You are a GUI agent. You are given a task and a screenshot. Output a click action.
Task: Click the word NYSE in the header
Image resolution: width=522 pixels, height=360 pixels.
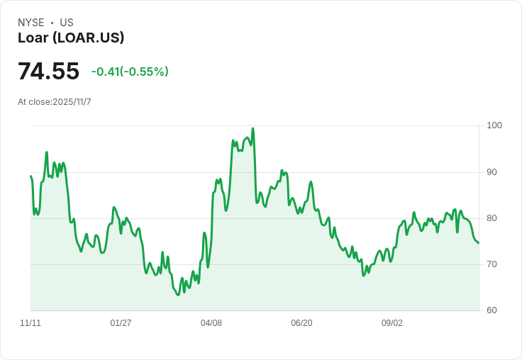pos(30,23)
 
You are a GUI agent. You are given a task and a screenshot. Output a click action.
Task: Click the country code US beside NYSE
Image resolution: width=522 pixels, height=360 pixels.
pos(67,23)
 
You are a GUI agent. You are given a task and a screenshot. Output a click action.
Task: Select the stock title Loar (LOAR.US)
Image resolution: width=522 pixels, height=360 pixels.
pos(71,38)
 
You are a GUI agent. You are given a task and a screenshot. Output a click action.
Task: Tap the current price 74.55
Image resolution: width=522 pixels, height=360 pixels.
pos(48,72)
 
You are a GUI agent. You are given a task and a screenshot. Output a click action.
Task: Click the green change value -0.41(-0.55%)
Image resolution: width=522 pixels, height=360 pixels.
pos(130,72)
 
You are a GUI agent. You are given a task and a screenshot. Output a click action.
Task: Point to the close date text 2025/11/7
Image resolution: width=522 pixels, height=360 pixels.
pos(72,102)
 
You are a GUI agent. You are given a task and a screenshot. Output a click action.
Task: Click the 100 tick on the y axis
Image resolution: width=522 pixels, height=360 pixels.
pos(494,125)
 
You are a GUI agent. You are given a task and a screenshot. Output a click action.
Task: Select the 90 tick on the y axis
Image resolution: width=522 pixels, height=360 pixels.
pos(492,172)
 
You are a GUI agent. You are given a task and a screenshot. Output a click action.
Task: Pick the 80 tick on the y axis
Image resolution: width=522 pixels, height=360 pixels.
pos(492,218)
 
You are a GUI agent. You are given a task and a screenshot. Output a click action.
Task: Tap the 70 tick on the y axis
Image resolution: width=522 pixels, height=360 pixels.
pos(492,264)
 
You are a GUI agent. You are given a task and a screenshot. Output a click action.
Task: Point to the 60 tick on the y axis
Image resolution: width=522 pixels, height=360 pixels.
pos(492,310)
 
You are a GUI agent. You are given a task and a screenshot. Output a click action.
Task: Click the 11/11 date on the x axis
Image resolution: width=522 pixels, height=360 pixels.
pos(30,323)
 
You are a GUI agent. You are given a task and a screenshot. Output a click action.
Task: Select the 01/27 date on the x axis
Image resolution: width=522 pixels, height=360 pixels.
pos(121,323)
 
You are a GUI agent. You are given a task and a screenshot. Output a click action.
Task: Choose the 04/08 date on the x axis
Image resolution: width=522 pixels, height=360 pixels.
pos(211,323)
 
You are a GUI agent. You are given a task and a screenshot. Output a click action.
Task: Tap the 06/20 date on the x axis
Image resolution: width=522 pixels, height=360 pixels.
pos(301,323)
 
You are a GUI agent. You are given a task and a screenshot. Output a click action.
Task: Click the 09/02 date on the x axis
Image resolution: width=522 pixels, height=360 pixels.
pos(392,323)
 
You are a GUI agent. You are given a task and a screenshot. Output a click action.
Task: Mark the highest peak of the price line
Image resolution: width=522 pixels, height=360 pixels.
pos(252,128)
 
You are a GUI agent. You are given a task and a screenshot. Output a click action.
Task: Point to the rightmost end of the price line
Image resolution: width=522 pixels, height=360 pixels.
pos(479,243)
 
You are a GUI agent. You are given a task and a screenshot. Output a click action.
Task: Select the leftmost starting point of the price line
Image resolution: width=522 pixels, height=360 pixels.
pos(30,176)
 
